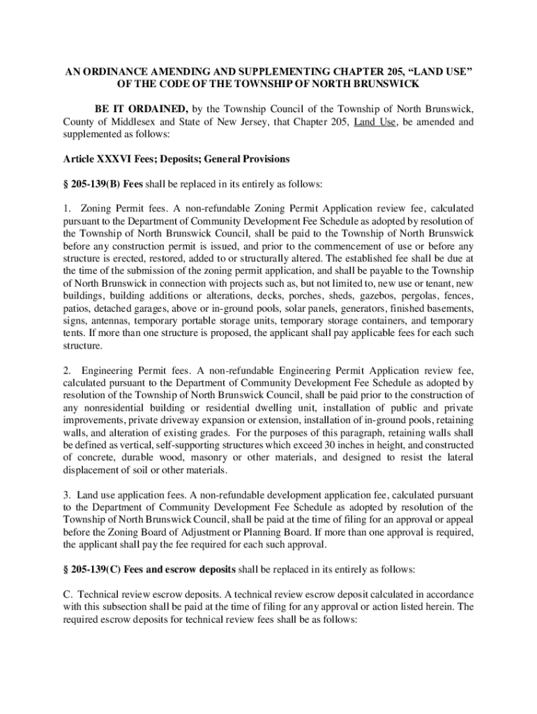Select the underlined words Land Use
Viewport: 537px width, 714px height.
coord(375,122)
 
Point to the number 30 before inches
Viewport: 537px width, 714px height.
coord(347,445)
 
